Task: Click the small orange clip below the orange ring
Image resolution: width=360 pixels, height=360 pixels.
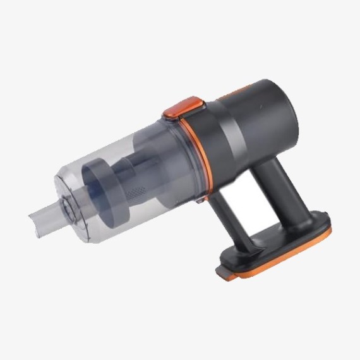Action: (200, 200)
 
